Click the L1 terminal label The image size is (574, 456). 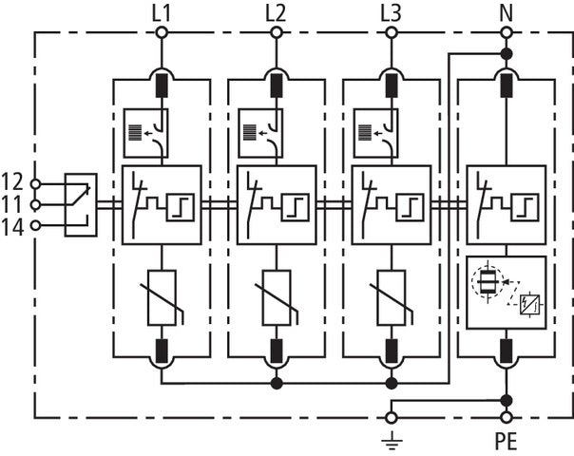[162, 12]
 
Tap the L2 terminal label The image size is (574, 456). [276, 12]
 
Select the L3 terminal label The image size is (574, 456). [391, 12]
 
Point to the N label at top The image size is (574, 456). [506, 12]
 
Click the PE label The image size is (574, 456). [507, 443]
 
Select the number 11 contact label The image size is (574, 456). [12, 203]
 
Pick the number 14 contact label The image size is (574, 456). [12, 225]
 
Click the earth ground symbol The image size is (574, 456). [391, 438]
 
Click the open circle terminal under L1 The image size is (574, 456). [162, 33]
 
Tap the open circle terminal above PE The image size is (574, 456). [506, 417]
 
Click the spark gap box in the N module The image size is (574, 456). [507, 292]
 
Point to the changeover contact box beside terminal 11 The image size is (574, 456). [80, 204]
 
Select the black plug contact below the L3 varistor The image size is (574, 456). [391, 351]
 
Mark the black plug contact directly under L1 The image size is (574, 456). [162, 85]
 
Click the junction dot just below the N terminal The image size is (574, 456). [506, 54]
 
